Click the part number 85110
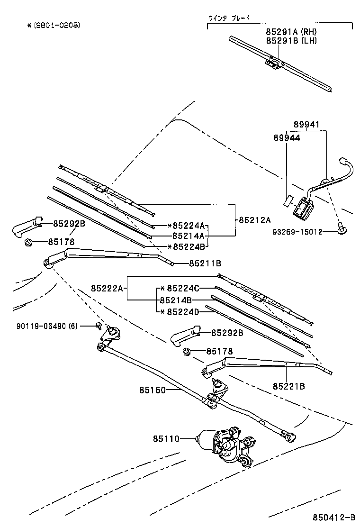[166, 439]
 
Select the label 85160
[153, 390]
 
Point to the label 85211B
[205, 263]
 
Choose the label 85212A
[254, 220]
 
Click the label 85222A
[107, 288]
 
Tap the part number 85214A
[188, 236]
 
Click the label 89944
[287, 137]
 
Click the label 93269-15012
[304, 232]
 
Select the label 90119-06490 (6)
[46, 326]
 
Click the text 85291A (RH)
[291, 32]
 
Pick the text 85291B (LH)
[291, 40]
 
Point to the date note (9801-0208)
[53, 25]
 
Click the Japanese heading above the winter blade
[229, 18]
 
